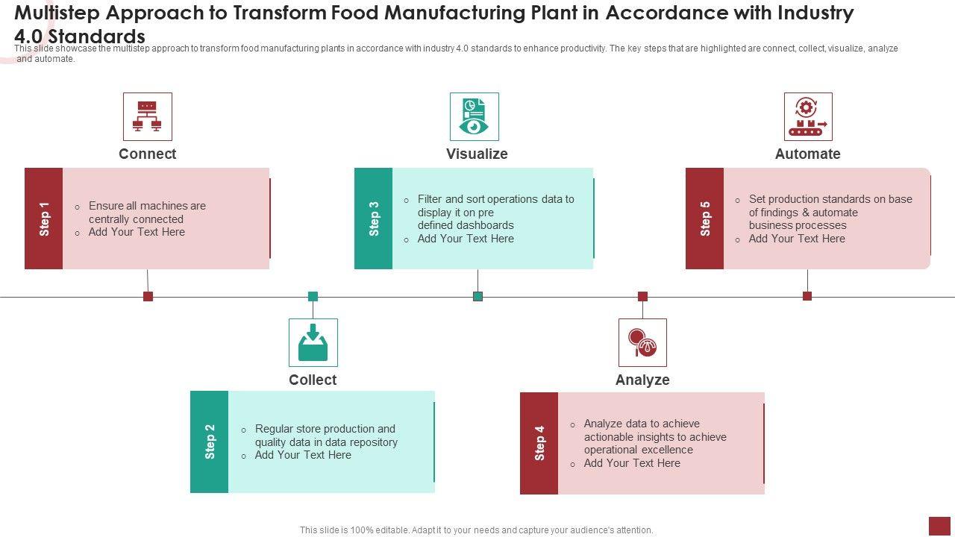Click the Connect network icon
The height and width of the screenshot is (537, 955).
147,116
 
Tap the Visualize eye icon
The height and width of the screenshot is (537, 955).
474,116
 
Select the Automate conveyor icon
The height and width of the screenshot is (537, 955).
807,116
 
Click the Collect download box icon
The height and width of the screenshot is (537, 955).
313,342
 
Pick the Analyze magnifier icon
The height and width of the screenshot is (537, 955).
642,342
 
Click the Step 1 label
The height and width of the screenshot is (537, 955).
44,219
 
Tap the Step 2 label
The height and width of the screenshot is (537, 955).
210,442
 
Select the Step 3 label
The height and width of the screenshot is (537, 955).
374,219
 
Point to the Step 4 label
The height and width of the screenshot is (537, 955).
539,443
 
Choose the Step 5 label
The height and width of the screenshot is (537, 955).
705,219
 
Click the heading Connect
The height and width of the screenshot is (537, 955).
147,154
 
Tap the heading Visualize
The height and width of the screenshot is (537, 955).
477,154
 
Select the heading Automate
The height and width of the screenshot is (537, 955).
807,154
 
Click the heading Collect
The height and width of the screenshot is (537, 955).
313,380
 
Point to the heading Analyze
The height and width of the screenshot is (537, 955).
642,380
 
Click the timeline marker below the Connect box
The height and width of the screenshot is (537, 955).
148,296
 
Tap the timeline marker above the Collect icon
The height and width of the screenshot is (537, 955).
313,296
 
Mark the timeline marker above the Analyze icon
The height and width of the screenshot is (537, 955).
642,296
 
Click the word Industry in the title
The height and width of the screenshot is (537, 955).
808,13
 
